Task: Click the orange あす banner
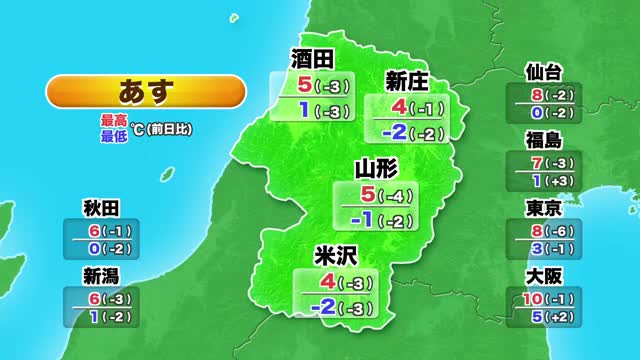click(145, 91)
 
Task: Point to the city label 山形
click(378, 169)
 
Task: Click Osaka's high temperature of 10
click(532, 298)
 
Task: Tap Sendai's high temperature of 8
click(536, 94)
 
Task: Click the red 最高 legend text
click(113, 120)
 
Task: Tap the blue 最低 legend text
click(113, 135)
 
